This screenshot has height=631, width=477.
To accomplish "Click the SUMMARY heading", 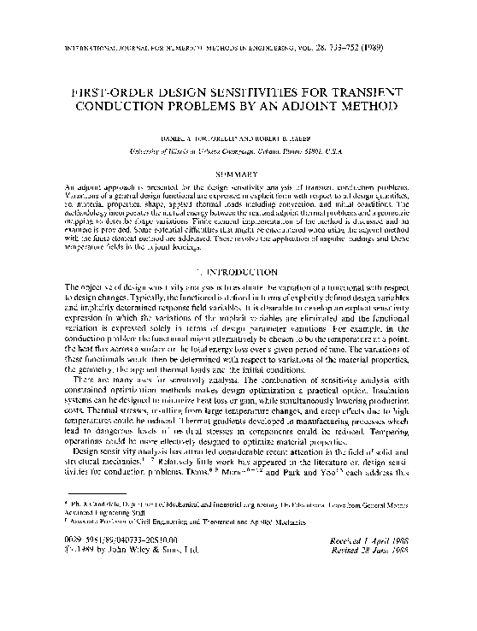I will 238,174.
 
